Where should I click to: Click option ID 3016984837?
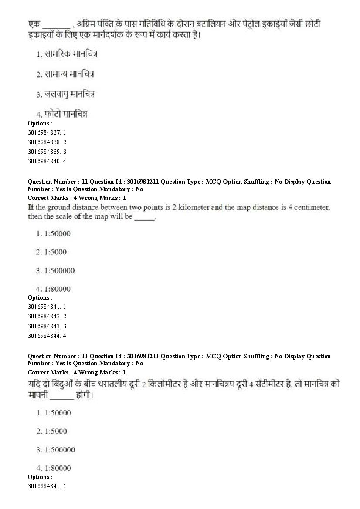pyautogui.click(x=44, y=132)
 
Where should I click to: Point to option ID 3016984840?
pyautogui.click(x=44, y=161)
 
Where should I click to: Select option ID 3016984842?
pyautogui.click(x=44, y=316)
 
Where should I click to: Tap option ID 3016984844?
pyautogui.click(x=44, y=336)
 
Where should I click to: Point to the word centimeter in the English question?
pyautogui.click(x=312, y=207)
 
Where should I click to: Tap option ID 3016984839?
pyautogui.click(x=44, y=152)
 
